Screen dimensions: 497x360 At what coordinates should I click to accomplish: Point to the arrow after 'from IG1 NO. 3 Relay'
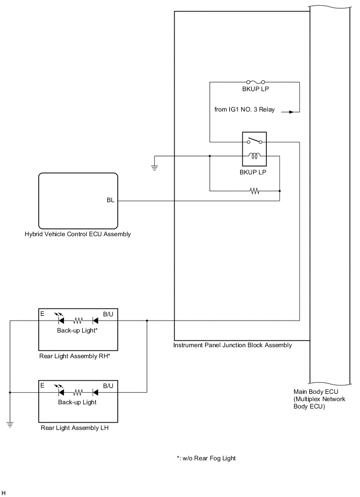tap(287, 111)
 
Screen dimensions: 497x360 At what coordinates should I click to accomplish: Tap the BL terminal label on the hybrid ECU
tap(110, 201)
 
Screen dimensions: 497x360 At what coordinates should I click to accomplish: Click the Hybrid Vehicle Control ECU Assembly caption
tap(77, 234)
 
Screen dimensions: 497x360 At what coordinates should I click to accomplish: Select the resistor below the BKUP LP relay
tap(255, 191)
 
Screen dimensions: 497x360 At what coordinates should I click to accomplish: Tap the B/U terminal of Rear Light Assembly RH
tap(108, 313)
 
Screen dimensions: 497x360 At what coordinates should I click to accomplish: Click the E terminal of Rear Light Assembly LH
tap(42, 385)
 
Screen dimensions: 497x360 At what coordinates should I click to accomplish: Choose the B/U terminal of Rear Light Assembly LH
tap(108, 385)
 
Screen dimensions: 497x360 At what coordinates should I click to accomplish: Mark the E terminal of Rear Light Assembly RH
tap(42, 313)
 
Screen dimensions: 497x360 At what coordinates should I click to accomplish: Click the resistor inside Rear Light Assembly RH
tap(78, 321)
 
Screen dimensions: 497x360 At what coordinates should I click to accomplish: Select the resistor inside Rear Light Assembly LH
tap(78, 392)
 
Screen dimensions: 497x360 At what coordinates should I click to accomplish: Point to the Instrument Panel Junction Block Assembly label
tap(232, 345)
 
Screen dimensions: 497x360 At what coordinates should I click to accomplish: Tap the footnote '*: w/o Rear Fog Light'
tap(206, 458)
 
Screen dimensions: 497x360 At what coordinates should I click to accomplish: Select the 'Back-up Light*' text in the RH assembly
tap(78, 330)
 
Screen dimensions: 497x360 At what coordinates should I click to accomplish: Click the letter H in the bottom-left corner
tap(4, 493)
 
